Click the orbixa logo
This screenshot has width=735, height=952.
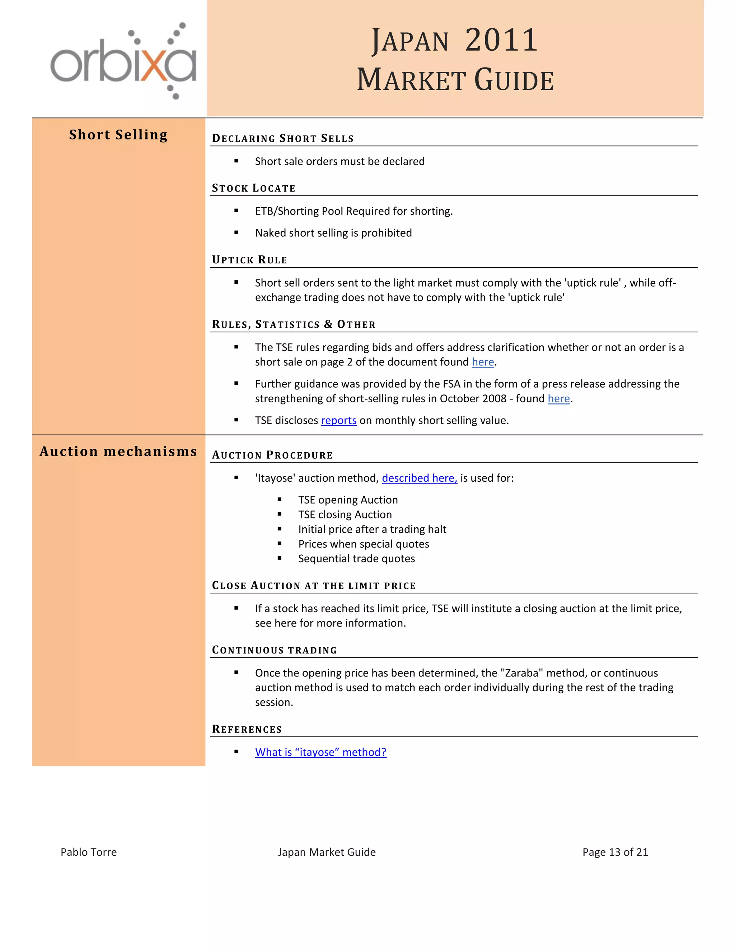click(x=123, y=61)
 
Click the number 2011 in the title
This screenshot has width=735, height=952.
click(x=501, y=40)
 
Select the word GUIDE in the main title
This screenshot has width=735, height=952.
click(x=514, y=80)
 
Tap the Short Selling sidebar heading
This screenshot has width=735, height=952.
click(x=118, y=135)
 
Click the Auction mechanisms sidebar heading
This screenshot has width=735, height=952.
click(x=118, y=452)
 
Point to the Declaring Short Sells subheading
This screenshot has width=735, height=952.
click(x=282, y=139)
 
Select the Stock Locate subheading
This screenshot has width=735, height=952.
click(x=253, y=188)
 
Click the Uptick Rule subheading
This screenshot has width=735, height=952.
click(x=249, y=260)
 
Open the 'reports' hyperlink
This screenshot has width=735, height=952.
click(x=338, y=421)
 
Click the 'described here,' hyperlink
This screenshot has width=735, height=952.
click(x=419, y=478)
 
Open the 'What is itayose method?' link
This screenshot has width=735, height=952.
click(x=320, y=752)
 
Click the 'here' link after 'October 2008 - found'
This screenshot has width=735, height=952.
click(x=559, y=399)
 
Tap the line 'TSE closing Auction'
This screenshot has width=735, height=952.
click(x=345, y=515)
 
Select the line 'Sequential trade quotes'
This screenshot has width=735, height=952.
click(x=356, y=559)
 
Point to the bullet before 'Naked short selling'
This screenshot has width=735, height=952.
click(x=237, y=233)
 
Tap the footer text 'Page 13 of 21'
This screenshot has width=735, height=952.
click(x=615, y=852)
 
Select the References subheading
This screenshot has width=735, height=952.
click(x=247, y=729)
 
